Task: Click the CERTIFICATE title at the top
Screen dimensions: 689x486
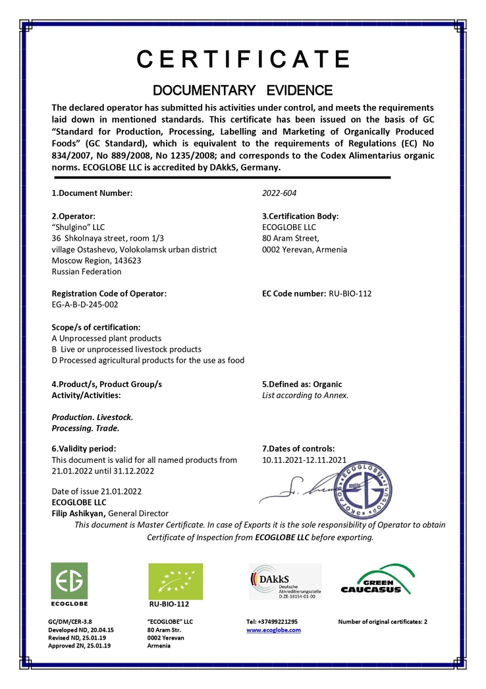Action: [x=243, y=59]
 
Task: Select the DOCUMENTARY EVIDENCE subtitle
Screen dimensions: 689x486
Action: [x=242, y=90]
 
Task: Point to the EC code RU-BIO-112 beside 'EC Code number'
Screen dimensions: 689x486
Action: [x=350, y=293]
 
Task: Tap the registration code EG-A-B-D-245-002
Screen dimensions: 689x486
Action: [x=86, y=305]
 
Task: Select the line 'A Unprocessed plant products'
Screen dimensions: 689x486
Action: [x=106, y=338]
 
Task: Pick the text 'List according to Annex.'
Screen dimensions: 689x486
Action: [x=305, y=396]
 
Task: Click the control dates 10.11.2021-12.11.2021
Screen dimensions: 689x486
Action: [x=304, y=460]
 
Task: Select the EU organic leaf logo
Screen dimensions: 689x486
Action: [x=175, y=582]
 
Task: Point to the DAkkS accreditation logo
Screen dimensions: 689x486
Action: [x=284, y=582]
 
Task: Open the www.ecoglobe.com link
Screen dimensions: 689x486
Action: [x=273, y=630]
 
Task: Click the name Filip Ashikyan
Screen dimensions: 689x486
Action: [x=78, y=514]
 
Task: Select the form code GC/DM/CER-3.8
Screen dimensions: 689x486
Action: [x=70, y=622]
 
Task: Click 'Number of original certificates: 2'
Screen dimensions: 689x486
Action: [x=383, y=622]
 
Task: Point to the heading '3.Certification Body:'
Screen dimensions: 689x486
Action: [x=300, y=216]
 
